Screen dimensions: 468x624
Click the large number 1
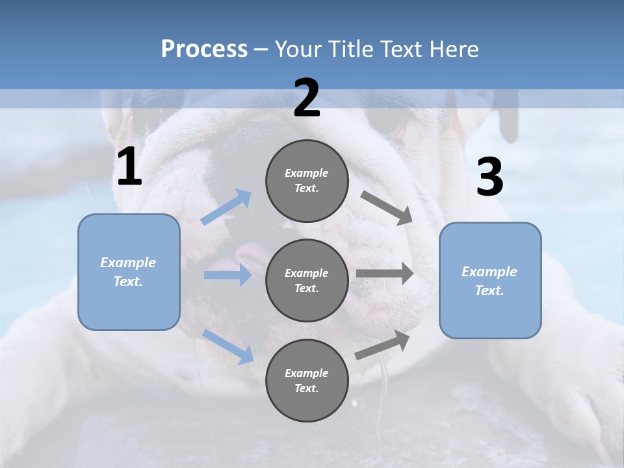point(129,167)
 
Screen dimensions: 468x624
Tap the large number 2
point(306,98)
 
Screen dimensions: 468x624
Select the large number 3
point(489,177)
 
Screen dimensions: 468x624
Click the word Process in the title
point(204,49)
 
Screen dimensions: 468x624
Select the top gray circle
point(307,181)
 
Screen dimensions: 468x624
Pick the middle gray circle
point(307,280)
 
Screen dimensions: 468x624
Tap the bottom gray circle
point(307,380)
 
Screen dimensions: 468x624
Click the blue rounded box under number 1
point(129,272)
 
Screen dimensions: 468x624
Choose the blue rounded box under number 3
point(490,281)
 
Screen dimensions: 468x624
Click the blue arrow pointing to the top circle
point(226,207)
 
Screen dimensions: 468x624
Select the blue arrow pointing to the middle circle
point(227,275)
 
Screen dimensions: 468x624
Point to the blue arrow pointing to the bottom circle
point(228,346)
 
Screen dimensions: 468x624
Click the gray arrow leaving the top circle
point(387,208)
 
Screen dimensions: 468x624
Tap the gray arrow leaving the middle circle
point(385,274)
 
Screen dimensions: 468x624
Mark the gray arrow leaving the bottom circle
point(382,345)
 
